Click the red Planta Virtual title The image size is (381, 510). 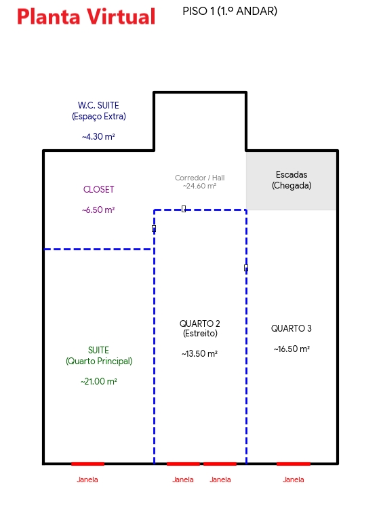(x=86, y=16)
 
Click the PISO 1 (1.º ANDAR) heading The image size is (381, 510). (x=230, y=11)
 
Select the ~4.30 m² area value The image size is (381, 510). (x=98, y=136)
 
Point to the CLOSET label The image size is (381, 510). (x=98, y=189)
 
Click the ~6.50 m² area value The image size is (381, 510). (x=98, y=210)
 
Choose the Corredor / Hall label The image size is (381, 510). (x=199, y=178)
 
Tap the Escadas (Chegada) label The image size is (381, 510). (x=292, y=180)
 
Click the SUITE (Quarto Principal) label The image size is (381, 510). (x=99, y=355)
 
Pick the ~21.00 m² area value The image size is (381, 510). (x=99, y=381)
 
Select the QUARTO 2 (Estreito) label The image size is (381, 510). (x=200, y=328)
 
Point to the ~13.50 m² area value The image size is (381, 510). (x=199, y=353)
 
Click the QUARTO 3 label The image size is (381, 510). (x=292, y=328)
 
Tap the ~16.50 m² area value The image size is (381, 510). (x=292, y=349)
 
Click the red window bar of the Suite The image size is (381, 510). (x=87, y=463)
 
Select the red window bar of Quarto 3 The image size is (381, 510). (x=294, y=463)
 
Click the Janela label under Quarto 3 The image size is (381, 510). (x=294, y=479)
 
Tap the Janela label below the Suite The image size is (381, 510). (x=87, y=479)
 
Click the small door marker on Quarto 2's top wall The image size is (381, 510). (x=184, y=209)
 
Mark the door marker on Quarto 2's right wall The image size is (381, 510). (x=246, y=268)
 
